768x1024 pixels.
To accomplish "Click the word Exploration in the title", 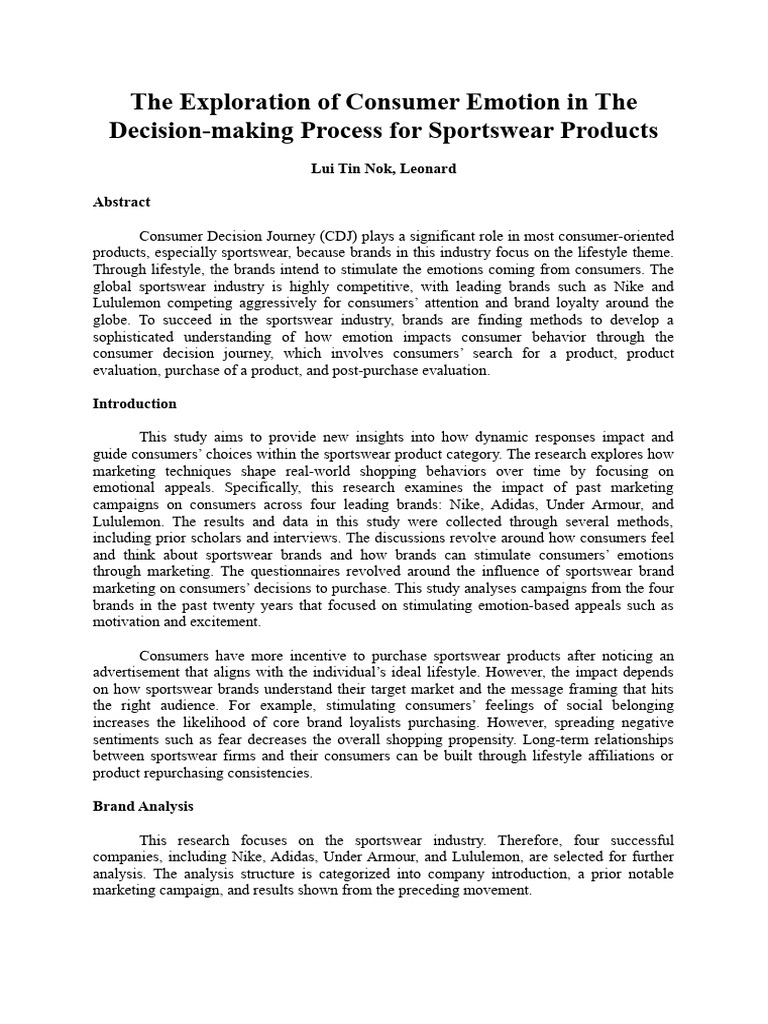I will pyautogui.click(x=237, y=102).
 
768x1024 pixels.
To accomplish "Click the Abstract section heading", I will pyautogui.click(x=121, y=202).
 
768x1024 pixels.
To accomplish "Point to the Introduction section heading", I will pyautogui.click(x=134, y=404).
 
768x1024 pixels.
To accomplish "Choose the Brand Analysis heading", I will pyautogui.click(x=143, y=806).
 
